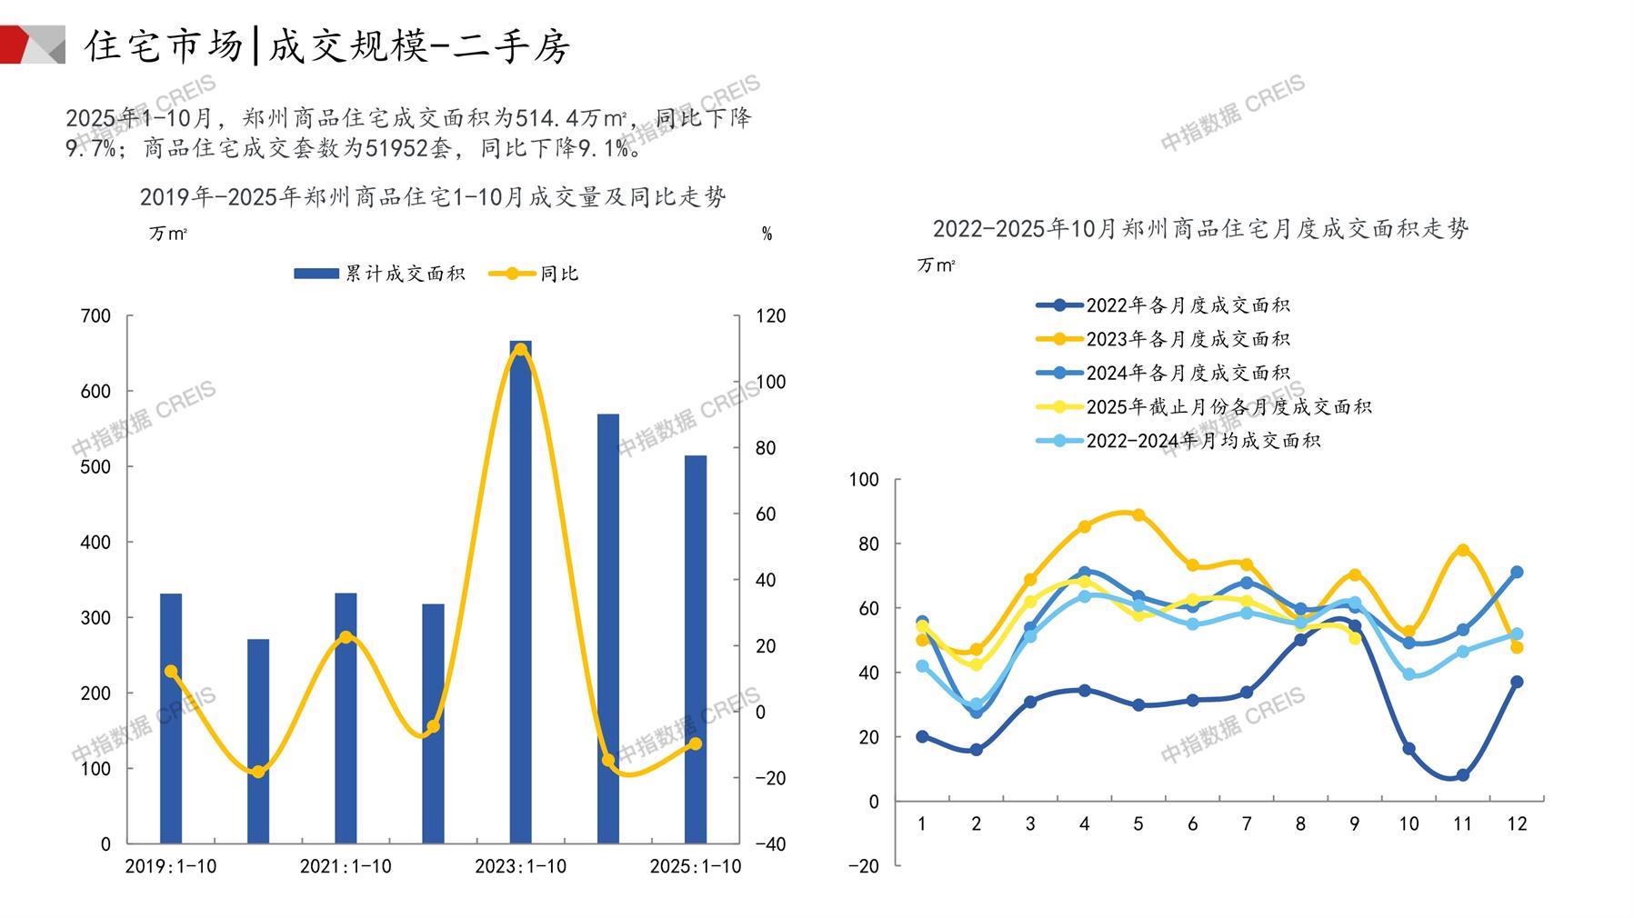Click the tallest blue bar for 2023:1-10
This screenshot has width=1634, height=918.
(520, 591)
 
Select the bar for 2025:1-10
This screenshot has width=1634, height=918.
(695, 649)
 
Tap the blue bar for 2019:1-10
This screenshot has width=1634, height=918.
(171, 718)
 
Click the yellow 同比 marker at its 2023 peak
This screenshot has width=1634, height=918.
(520, 350)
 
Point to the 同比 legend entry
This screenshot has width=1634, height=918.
(534, 274)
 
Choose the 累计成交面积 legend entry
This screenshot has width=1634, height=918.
(379, 274)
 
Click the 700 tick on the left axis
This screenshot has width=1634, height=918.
(95, 316)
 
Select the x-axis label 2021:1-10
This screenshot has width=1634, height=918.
(346, 866)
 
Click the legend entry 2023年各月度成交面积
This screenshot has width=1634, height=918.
(1164, 339)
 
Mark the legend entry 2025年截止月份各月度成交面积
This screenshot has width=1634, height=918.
(1204, 406)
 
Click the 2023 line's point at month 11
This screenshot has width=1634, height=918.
(1462, 550)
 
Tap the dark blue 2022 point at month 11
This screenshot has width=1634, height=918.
(1462, 775)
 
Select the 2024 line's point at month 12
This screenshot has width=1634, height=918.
(1517, 573)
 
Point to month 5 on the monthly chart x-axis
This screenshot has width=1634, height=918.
(1138, 824)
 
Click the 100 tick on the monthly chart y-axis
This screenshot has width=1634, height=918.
(864, 480)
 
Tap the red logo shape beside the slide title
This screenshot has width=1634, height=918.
(16, 45)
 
